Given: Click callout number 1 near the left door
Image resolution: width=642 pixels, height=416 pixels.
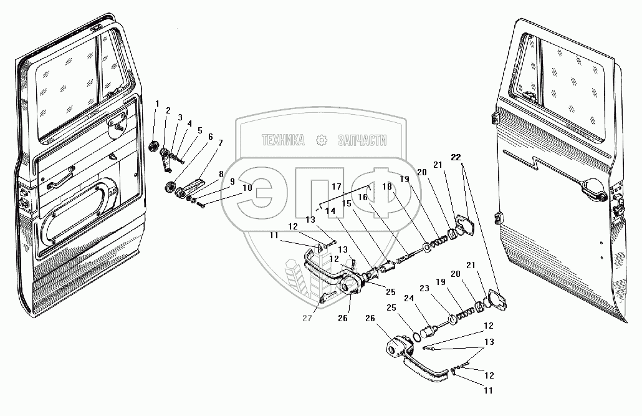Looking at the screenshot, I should [157, 103].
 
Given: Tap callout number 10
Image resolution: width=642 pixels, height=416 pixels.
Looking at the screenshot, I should [247, 186].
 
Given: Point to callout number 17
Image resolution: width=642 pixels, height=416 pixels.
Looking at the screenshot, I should [337, 186].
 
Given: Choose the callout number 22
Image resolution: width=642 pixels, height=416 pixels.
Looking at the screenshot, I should [458, 157].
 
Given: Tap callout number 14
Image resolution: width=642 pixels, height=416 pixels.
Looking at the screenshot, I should [330, 211].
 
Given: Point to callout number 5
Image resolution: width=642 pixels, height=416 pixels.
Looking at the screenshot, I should [200, 130].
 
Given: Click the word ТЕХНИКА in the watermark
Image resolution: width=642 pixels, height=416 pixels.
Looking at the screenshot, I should [284, 141].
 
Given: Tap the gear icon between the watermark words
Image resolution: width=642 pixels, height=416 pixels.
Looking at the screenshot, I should [322, 140].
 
